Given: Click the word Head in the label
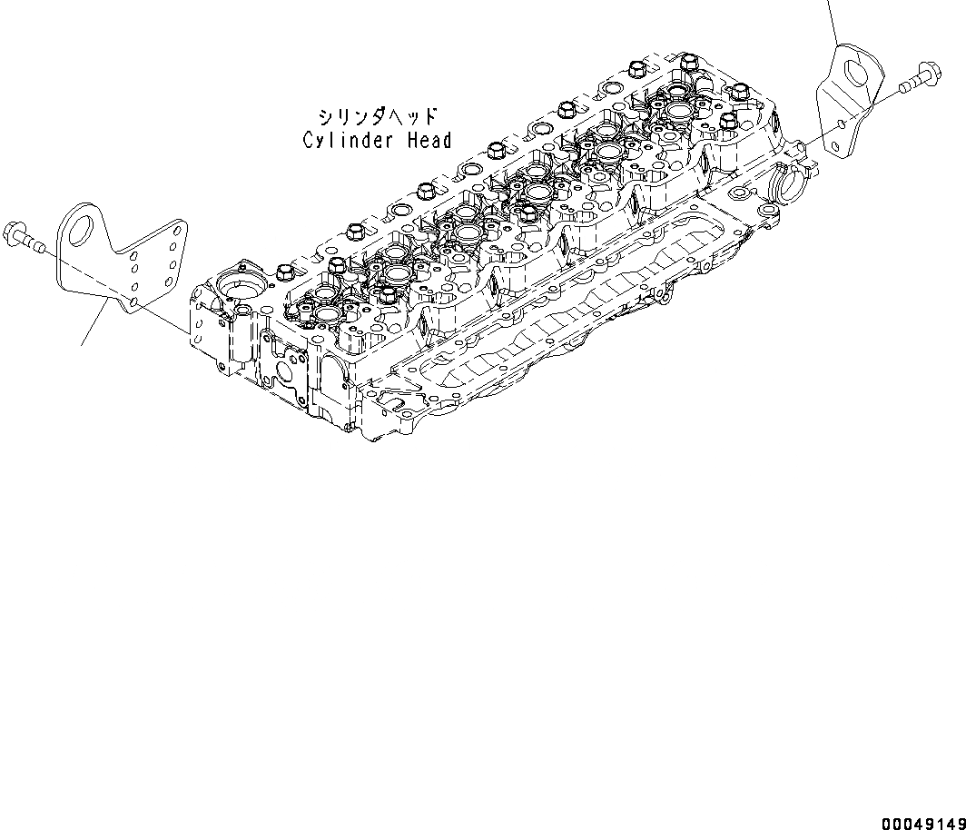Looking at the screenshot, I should tap(429, 141).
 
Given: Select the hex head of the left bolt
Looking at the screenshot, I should tap(13, 231).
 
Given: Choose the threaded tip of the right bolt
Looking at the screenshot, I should tap(902, 87).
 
